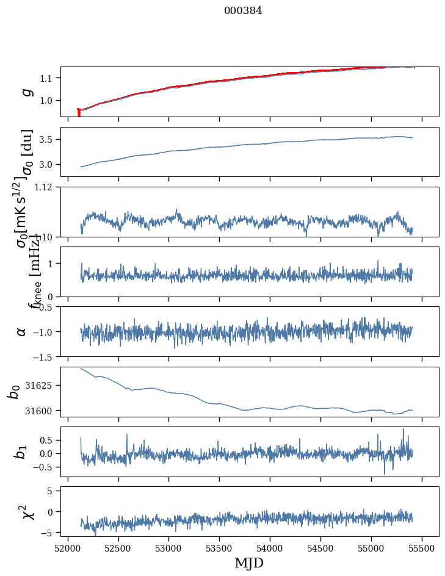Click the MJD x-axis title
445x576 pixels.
click(249, 563)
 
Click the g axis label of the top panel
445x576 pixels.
click(26, 92)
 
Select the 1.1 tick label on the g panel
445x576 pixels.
click(48, 78)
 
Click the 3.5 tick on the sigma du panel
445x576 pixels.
click(48, 140)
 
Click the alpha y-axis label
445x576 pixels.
click(22, 331)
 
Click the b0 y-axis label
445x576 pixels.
click(13, 392)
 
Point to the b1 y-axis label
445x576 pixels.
click(22, 452)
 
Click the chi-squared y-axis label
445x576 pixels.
click(26, 512)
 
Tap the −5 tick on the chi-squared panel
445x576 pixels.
click(47, 533)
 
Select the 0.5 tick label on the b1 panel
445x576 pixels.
click(48, 440)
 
